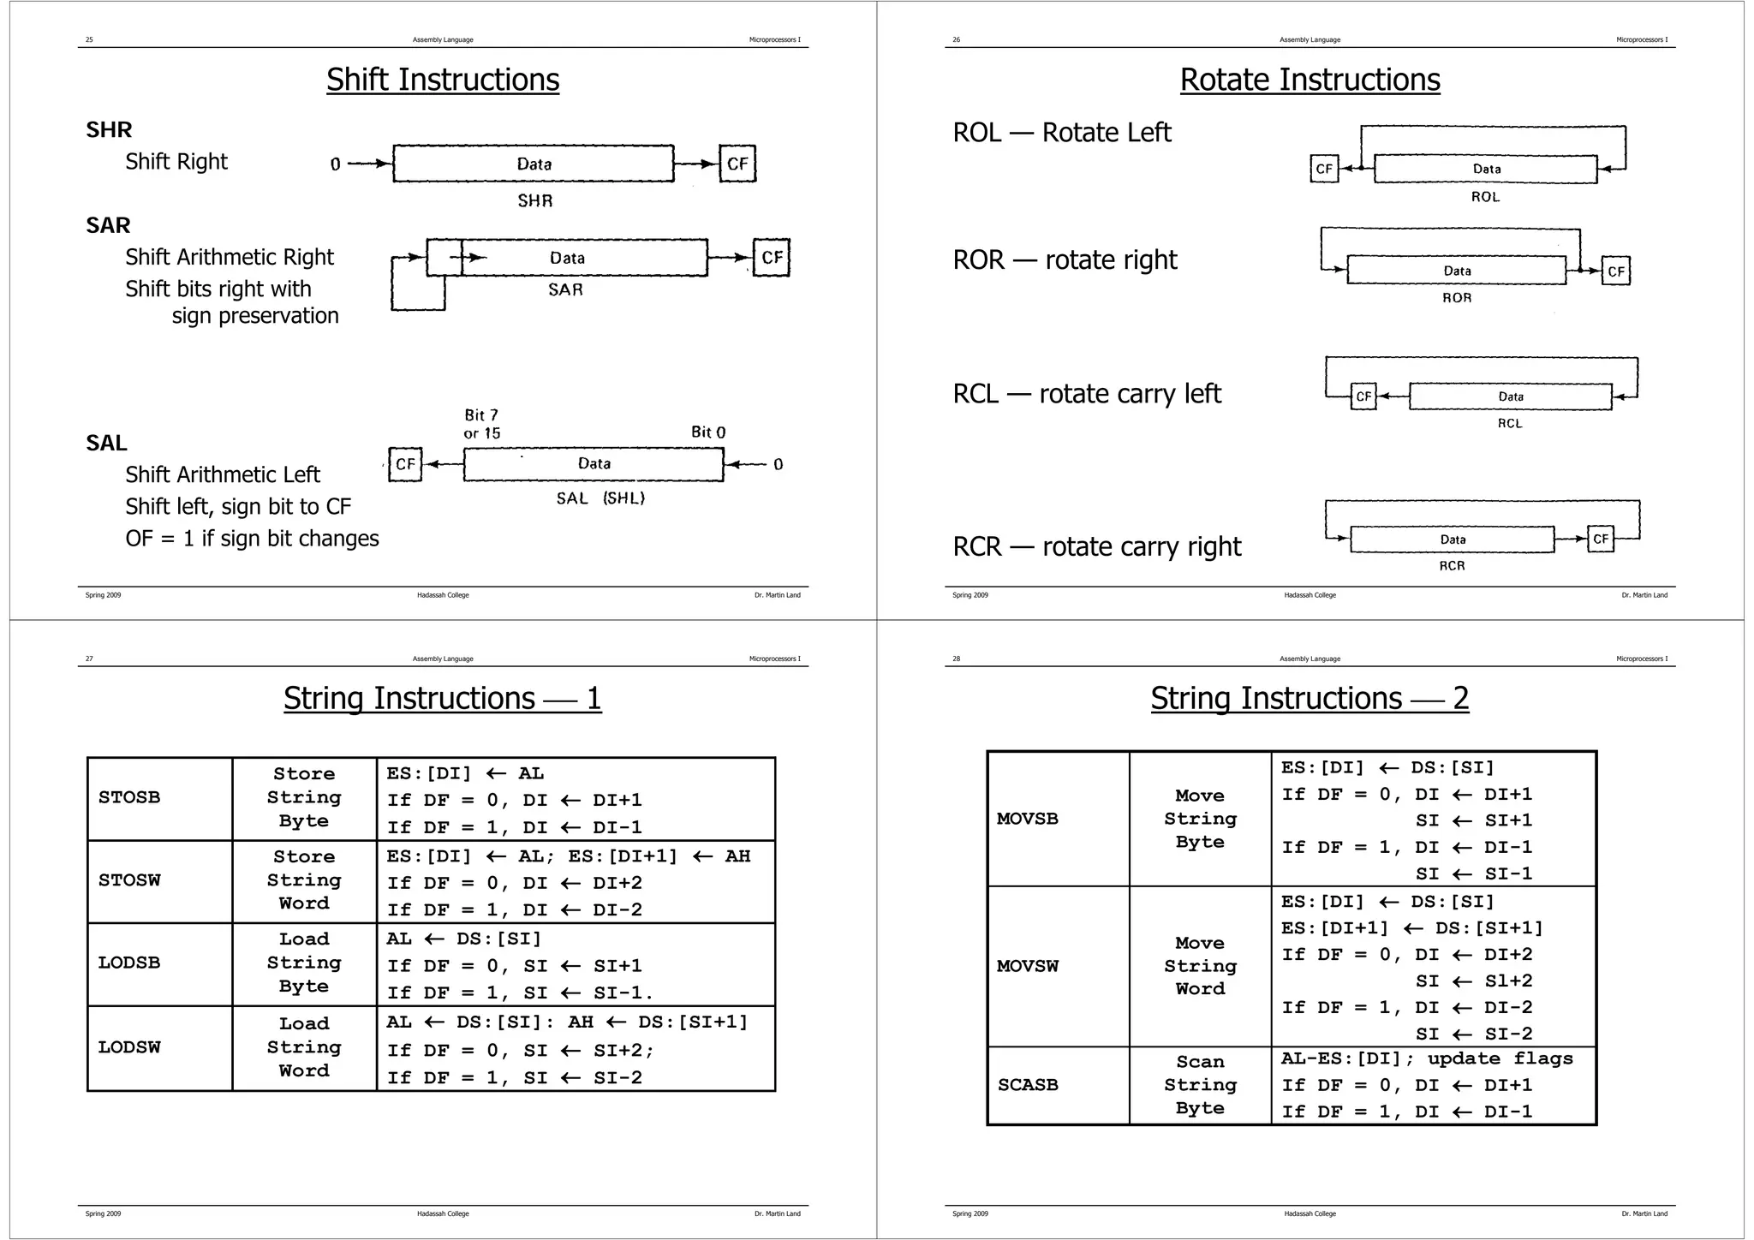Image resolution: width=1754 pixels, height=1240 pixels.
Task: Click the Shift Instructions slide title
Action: pyautogui.click(x=443, y=80)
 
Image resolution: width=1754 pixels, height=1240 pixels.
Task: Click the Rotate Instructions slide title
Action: pyautogui.click(x=1310, y=80)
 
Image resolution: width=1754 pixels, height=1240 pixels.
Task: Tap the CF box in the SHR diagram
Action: pyautogui.click(x=737, y=164)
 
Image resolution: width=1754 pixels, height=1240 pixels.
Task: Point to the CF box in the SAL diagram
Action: pyautogui.click(x=405, y=464)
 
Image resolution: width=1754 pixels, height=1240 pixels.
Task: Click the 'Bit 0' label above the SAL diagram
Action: pyautogui.click(x=708, y=432)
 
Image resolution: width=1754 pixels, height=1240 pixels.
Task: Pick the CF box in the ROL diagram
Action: pyautogui.click(x=1324, y=169)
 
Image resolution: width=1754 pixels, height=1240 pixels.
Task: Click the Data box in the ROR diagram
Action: pyautogui.click(x=1456, y=271)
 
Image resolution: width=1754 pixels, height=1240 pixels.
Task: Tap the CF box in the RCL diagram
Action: pyautogui.click(x=1363, y=396)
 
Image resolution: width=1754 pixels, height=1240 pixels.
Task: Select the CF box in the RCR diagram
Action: pyautogui.click(x=1601, y=540)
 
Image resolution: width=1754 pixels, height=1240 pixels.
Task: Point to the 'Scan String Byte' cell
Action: pyautogui.click(x=1200, y=1085)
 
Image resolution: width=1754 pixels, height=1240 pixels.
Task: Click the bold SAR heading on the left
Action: pyautogui.click(x=108, y=225)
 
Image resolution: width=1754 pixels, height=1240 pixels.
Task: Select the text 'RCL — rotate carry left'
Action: pyautogui.click(x=1087, y=394)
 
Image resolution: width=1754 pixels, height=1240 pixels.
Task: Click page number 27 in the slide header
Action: pyautogui.click(x=89, y=659)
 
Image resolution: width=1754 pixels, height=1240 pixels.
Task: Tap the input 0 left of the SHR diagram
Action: pyautogui.click(x=335, y=164)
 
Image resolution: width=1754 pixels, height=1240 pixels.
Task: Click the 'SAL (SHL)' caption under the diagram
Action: pyautogui.click(x=600, y=498)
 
